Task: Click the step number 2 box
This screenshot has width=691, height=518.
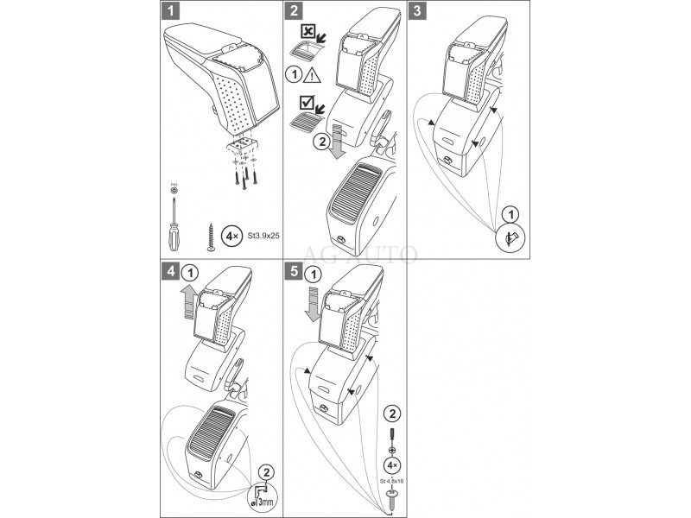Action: [295, 12]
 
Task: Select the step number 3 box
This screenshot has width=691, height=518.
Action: [418, 12]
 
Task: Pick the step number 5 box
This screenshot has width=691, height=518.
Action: [295, 271]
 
